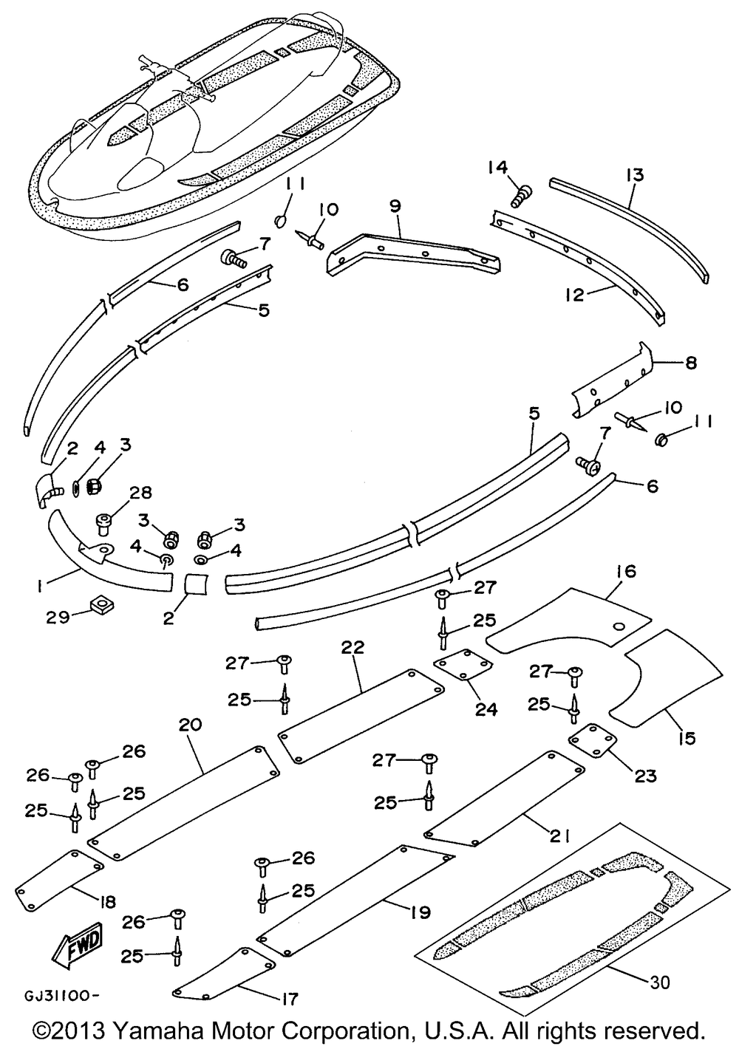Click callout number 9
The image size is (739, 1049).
[x=396, y=206]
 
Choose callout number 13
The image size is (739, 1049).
[x=635, y=174]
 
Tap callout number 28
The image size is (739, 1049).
[x=141, y=493]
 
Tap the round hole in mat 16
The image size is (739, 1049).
[x=619, y=626]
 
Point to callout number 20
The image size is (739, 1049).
[x=190, y=725]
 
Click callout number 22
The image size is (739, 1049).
[x=353, y=647]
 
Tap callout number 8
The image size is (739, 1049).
[x=691, y=363]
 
